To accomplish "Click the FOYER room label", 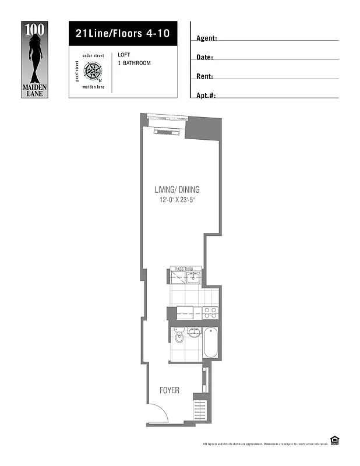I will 170,390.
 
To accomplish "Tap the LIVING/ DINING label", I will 177,189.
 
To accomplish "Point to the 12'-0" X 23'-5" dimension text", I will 177,200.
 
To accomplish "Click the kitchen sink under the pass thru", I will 196,278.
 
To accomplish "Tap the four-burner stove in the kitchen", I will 210,313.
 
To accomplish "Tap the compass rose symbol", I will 93,72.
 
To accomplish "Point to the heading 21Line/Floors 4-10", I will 122,33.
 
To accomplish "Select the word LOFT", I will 123,55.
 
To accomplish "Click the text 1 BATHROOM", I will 134,63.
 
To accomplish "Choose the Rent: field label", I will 205,76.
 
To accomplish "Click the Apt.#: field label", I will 207,95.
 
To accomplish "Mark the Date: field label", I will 204,57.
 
